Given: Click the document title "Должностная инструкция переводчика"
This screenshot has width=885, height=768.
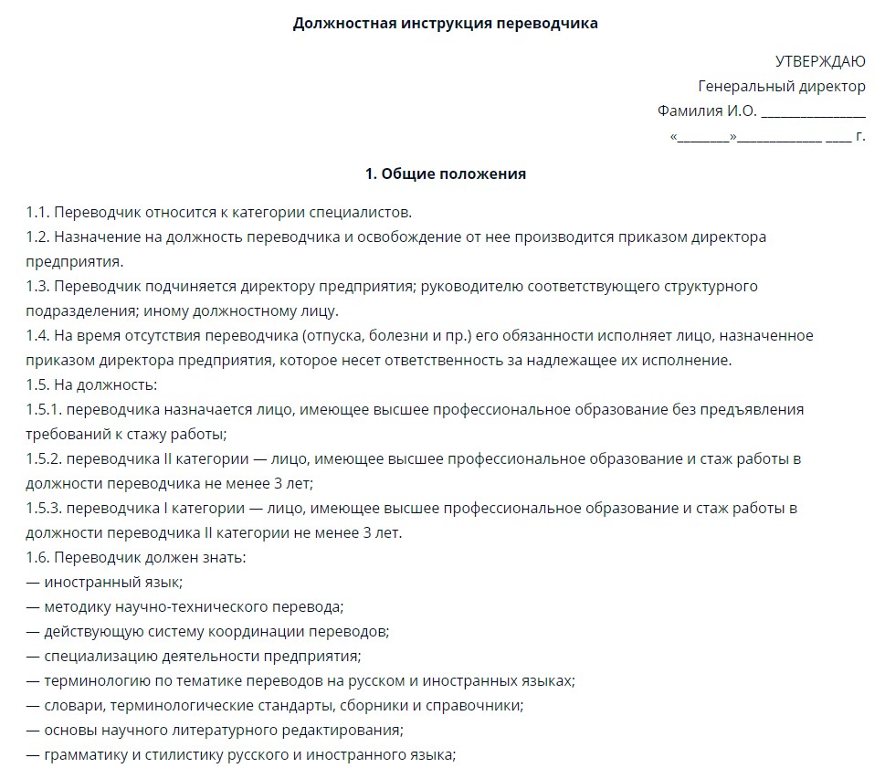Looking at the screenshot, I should pyautogui.click(x=445, y=24).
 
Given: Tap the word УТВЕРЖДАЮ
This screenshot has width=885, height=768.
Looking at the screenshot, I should pyautogui.click(x=820, y=62).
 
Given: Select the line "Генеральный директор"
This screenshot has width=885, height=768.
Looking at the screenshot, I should pyautogui.click(x=782, y=87).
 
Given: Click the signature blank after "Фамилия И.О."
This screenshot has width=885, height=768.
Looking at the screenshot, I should pyautogui.click(x=813, y=112).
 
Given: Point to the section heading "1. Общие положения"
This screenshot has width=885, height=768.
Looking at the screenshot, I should pyautogui.click(x=445, y=174).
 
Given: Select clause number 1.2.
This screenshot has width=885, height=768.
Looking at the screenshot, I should pyautogui.click(x=37, y=237).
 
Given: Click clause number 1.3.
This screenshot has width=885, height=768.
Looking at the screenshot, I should pyautogui.click(x=37, y=287).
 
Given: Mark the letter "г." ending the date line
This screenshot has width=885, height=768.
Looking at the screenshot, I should pyautogui.click(x=859, y=137).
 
